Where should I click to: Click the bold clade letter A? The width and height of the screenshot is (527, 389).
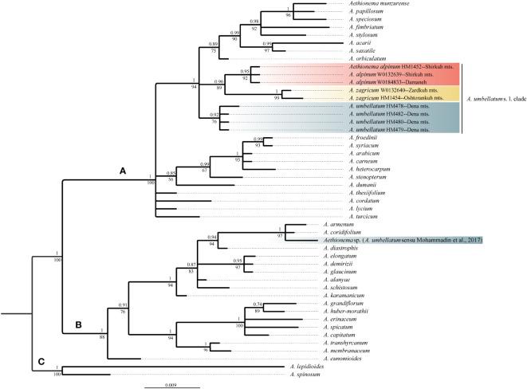click(122, 170)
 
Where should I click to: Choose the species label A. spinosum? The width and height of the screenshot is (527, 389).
click(305, 373)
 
